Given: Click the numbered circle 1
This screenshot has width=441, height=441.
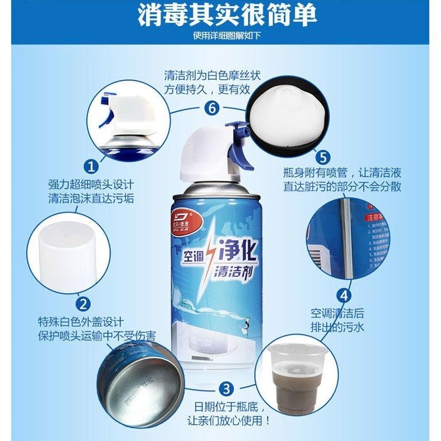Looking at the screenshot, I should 92,166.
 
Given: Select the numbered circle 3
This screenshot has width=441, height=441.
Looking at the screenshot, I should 226,388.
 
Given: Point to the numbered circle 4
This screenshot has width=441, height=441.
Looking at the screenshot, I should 346,295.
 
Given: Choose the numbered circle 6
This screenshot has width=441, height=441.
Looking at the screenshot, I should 210,108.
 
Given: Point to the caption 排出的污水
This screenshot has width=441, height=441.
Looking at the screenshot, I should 337,327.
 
